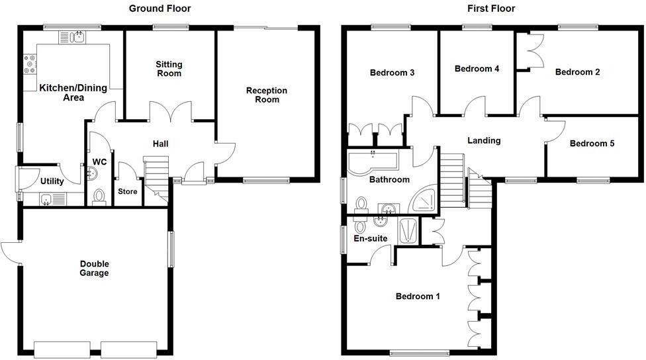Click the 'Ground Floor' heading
(160, 9)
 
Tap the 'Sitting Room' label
(169, 69)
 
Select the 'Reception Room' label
(267, 95)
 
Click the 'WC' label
(100, 161)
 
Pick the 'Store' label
(127, 192)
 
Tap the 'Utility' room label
(52, 181)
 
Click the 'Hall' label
(161, 144)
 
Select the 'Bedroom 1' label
(418, 296)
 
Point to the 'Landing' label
(484, 140)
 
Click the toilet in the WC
(100, 197)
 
